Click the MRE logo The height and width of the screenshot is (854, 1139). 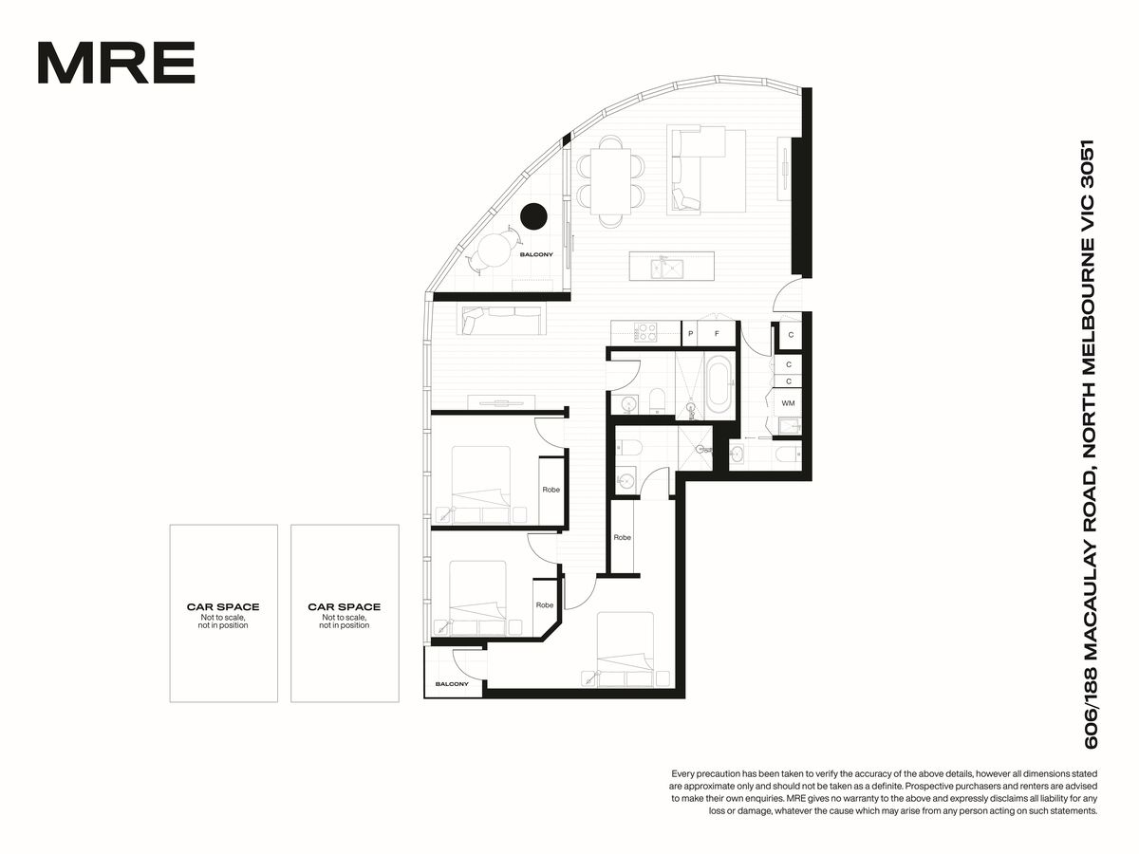pyautogui.click(x=116, y=63)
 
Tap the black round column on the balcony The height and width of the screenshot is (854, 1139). pyautogui.click(x=533, y=215)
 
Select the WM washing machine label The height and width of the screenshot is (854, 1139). pyautogui.click(x=788, y=403)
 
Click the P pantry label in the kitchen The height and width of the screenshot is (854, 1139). pyautogui.click(x=690, y=334)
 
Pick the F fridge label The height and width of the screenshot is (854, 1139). pyautogui.click(x=717, y=334)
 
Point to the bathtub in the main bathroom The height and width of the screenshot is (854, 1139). pyautogui.click(x=719, y=383)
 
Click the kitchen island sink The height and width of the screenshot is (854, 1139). pyautogui.click(x=667, y=269)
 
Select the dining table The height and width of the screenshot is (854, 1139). pyautogui.click(x=610, y=181)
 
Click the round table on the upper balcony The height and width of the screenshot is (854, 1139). pyautogui.click(x=494, y=251)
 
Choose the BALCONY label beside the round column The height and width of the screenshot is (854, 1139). pyautogui.click(x=536, y=254)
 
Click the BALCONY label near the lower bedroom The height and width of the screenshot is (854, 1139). pyautogui.click(x=452, y=684)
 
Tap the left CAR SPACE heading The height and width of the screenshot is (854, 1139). pyautogui.click(x=223, y=606)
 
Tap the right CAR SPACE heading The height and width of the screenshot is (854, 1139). pyautogui.click(x=344, y=606)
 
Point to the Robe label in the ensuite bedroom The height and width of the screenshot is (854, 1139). pyautogui.click(x=622, y=537)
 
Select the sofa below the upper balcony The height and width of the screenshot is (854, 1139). pyautogui.click(x=501, y=320)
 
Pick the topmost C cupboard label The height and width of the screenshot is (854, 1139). pyautogui.click(x=791, y=334)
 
